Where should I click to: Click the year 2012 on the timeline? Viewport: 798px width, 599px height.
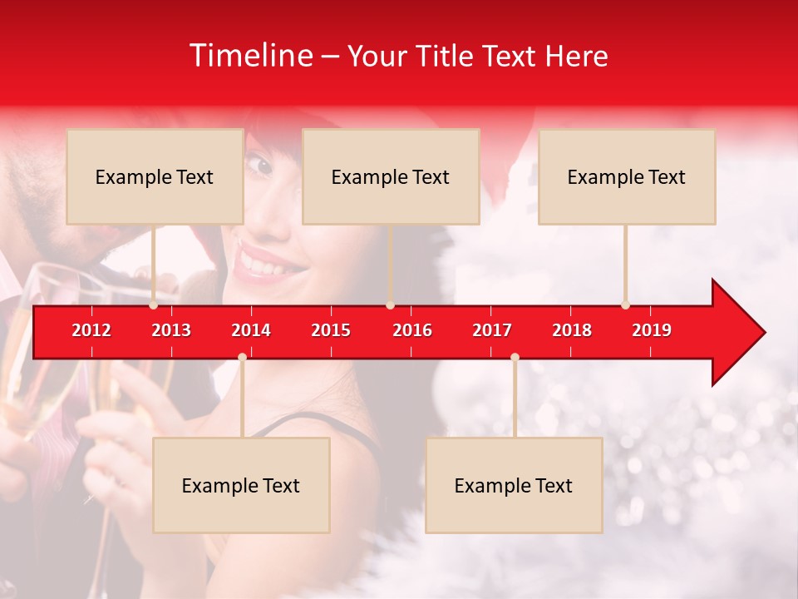(x=91, y=330)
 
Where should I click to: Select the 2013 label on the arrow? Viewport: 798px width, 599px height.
(x=171, y=330)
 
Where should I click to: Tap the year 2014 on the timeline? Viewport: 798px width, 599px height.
(x=251, y=330)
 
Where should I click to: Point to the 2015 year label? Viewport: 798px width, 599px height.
(x=331, y=330)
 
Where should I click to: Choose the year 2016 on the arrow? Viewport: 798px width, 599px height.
(x=412, y=330)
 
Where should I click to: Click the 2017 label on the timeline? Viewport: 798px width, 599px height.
(x=492, y=330)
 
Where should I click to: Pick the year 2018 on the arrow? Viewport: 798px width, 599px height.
(x=572, y=330)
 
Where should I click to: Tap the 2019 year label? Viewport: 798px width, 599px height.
(x=652, y=330)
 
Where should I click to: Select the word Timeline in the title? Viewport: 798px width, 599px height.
(x=250, y=56)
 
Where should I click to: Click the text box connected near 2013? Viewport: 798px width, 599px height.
(x=155, y=176)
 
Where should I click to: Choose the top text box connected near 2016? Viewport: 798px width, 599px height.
(x=391, y=176)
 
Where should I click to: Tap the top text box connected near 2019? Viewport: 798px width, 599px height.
(x=627, y=176)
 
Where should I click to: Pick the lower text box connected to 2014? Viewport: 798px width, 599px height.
(x=241, y=485)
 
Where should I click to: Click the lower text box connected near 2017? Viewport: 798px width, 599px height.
(x=514, y=485)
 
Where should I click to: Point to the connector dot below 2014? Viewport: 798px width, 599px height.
(x=242, y=357)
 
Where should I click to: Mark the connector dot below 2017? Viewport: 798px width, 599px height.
(x=515, y=357)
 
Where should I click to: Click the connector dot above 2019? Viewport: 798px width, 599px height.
(x=625, y=305)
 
